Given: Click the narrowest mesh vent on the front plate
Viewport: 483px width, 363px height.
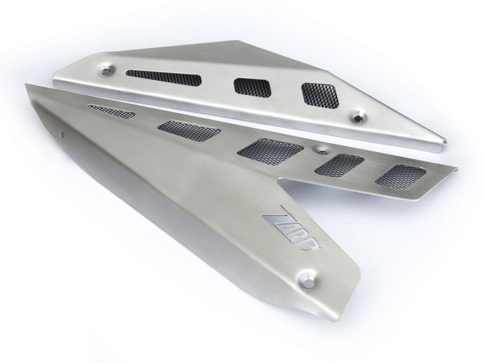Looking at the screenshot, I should point(112,110).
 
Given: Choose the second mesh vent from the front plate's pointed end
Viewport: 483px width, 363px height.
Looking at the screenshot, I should point(190,129).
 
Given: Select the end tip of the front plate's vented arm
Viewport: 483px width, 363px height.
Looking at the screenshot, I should point(457,168).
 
